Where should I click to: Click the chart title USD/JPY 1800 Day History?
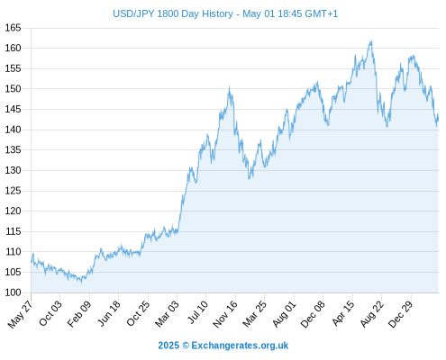(x=173, y=13)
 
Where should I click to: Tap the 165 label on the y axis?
(x=13, y=28)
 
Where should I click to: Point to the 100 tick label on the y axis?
(x=13, y=292)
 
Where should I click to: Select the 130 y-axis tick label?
(x=13, y=170)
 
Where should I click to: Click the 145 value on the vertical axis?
(x=13, y=109)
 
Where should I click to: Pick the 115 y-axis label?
(x=13, y=231)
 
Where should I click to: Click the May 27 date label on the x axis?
(x=21, y=314)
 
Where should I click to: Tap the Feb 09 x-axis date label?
(x=78, y=314)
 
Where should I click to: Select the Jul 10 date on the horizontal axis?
(x=197, y=312)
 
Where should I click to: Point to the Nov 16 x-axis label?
(x=225, y=314)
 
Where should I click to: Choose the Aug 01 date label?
(x=284, y=314)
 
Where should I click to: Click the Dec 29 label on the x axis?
(x=401, y=314)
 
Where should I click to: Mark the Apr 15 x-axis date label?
(x=343, y=313)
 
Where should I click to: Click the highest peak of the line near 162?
(x=372, y=40)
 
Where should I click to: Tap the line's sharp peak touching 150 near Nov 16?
(x=229, y=86)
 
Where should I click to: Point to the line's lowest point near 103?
(x=81, y=283)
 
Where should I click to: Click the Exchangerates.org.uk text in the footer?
(x=240, y=346)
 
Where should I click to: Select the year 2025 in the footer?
(x=168, y=346)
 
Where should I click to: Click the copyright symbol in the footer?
(x=186, y=346)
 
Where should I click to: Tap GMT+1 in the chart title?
(x=321, y=13)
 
